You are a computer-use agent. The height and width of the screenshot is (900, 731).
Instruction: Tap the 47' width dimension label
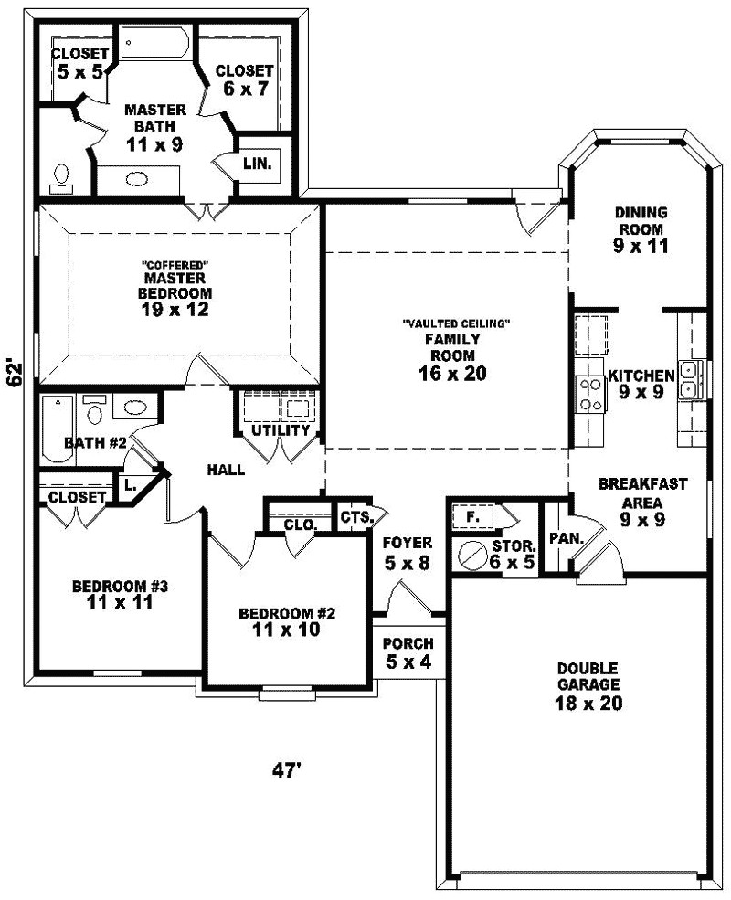coord(286,771)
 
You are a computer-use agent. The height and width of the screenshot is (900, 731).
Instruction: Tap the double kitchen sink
coord(693,379)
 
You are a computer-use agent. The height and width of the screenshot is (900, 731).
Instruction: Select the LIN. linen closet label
coord(257,163)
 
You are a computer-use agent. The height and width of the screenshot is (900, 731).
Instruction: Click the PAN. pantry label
coord(567,539)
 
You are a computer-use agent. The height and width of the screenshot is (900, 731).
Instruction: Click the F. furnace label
coord(471,515)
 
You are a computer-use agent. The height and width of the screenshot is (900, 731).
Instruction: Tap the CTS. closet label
coord(356,517)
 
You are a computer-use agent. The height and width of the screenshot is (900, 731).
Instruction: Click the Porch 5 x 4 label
coord(408,652)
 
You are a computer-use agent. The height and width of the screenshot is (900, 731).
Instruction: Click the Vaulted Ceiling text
coord(455,323)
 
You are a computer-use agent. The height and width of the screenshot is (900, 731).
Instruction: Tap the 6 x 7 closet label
coord(244,79)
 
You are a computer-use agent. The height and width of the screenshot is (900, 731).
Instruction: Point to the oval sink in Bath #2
coord(135,408)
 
